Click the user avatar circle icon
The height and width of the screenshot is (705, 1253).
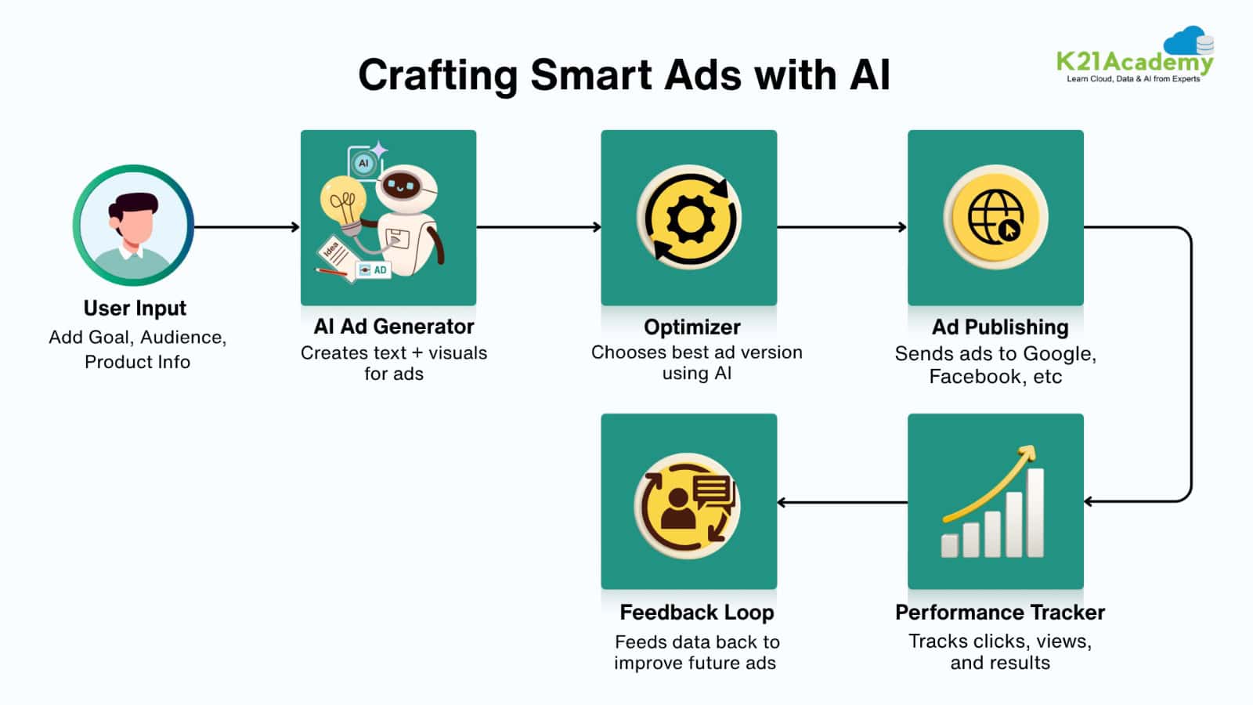pyautogui.click(x=133, y=226)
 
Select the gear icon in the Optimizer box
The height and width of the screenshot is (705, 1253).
pyautogui.click(x=689, y=219)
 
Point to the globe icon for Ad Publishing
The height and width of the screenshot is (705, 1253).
pyautogui.click(x=995, y=217)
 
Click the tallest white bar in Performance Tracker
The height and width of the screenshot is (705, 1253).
pyautogui.click(x=1035, y=512)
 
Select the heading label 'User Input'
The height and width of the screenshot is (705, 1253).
pyautogui.click(x=135, y=309)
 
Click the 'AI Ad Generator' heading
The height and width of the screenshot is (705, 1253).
pyautogui.click(x=394, y=327)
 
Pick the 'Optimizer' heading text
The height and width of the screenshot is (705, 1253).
pyautogui.click(x=691, y=327)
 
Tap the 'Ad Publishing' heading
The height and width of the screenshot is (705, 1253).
pyautogui.click(x=999, y=327)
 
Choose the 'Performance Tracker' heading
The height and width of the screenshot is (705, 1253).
pyautogui.click(x=999, y=613)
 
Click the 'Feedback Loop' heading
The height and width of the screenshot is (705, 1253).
pyautogui.click(x=696, y=613)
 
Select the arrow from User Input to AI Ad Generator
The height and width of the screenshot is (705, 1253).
pyautogui.click(x=247, y=227)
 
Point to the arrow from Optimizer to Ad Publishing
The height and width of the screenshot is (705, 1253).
pyautogui.click(x=842, y=227)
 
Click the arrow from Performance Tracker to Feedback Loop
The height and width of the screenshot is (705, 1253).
pyautogui.click(x=842, y=502)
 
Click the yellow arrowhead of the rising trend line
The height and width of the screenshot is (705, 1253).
pyautogui.click(x=1027, y=454)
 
